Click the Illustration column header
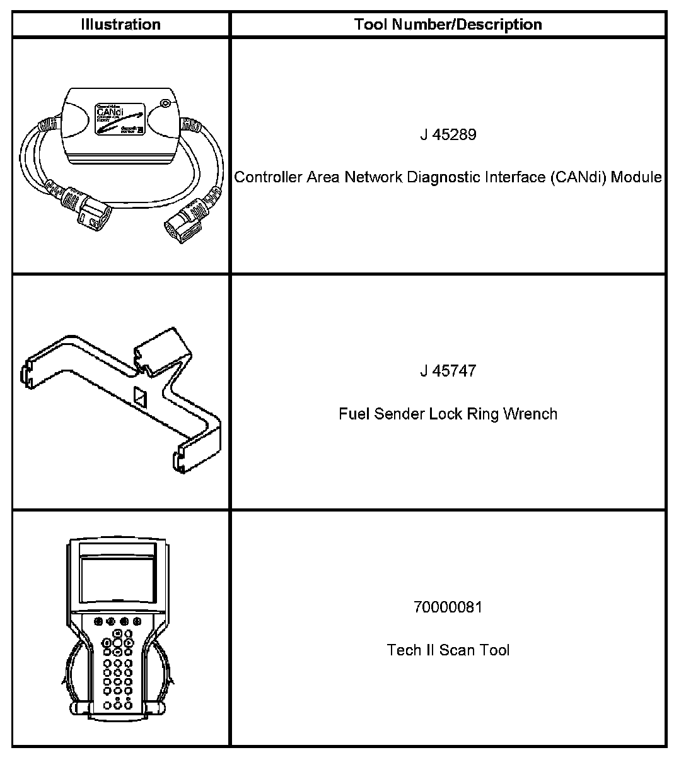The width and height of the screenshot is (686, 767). pyautogui.click(x=120, y=25)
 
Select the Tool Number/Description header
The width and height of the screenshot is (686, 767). pyautogui.click(x=448, y=25)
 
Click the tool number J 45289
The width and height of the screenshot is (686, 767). pyautogui.click(x=448, y=135)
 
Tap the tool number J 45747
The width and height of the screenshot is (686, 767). pyautogui.click(x=448, y=371)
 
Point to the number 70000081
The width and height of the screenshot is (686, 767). pyautogui.click(x=448, y=607)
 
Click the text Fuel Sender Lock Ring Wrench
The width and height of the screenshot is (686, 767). pyautogui.click(x=448, y=414)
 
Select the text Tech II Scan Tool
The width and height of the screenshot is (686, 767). pyautogui.click(x=448, y=650)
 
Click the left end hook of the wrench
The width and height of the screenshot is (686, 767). pyautogui.click(x=29, y=375)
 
